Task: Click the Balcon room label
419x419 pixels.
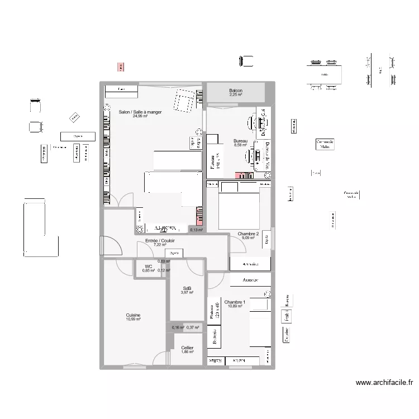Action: pos(235,91)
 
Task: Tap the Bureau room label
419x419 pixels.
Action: pos(240,141)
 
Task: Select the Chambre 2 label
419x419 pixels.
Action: pos(248,234)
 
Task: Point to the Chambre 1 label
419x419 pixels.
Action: pos(235,302)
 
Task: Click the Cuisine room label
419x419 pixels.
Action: pos(133,315)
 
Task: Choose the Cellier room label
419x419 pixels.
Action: pos(187,347)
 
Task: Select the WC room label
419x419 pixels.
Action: pos(149,266)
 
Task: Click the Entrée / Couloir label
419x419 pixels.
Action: pos(160,240)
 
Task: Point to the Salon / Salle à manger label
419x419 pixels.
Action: pos(140,112)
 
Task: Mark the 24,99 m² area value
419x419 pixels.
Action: pos(140,117)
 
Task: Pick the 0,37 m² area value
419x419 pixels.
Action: pos(193,327)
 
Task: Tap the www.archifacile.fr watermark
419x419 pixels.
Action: pos(384,383)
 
